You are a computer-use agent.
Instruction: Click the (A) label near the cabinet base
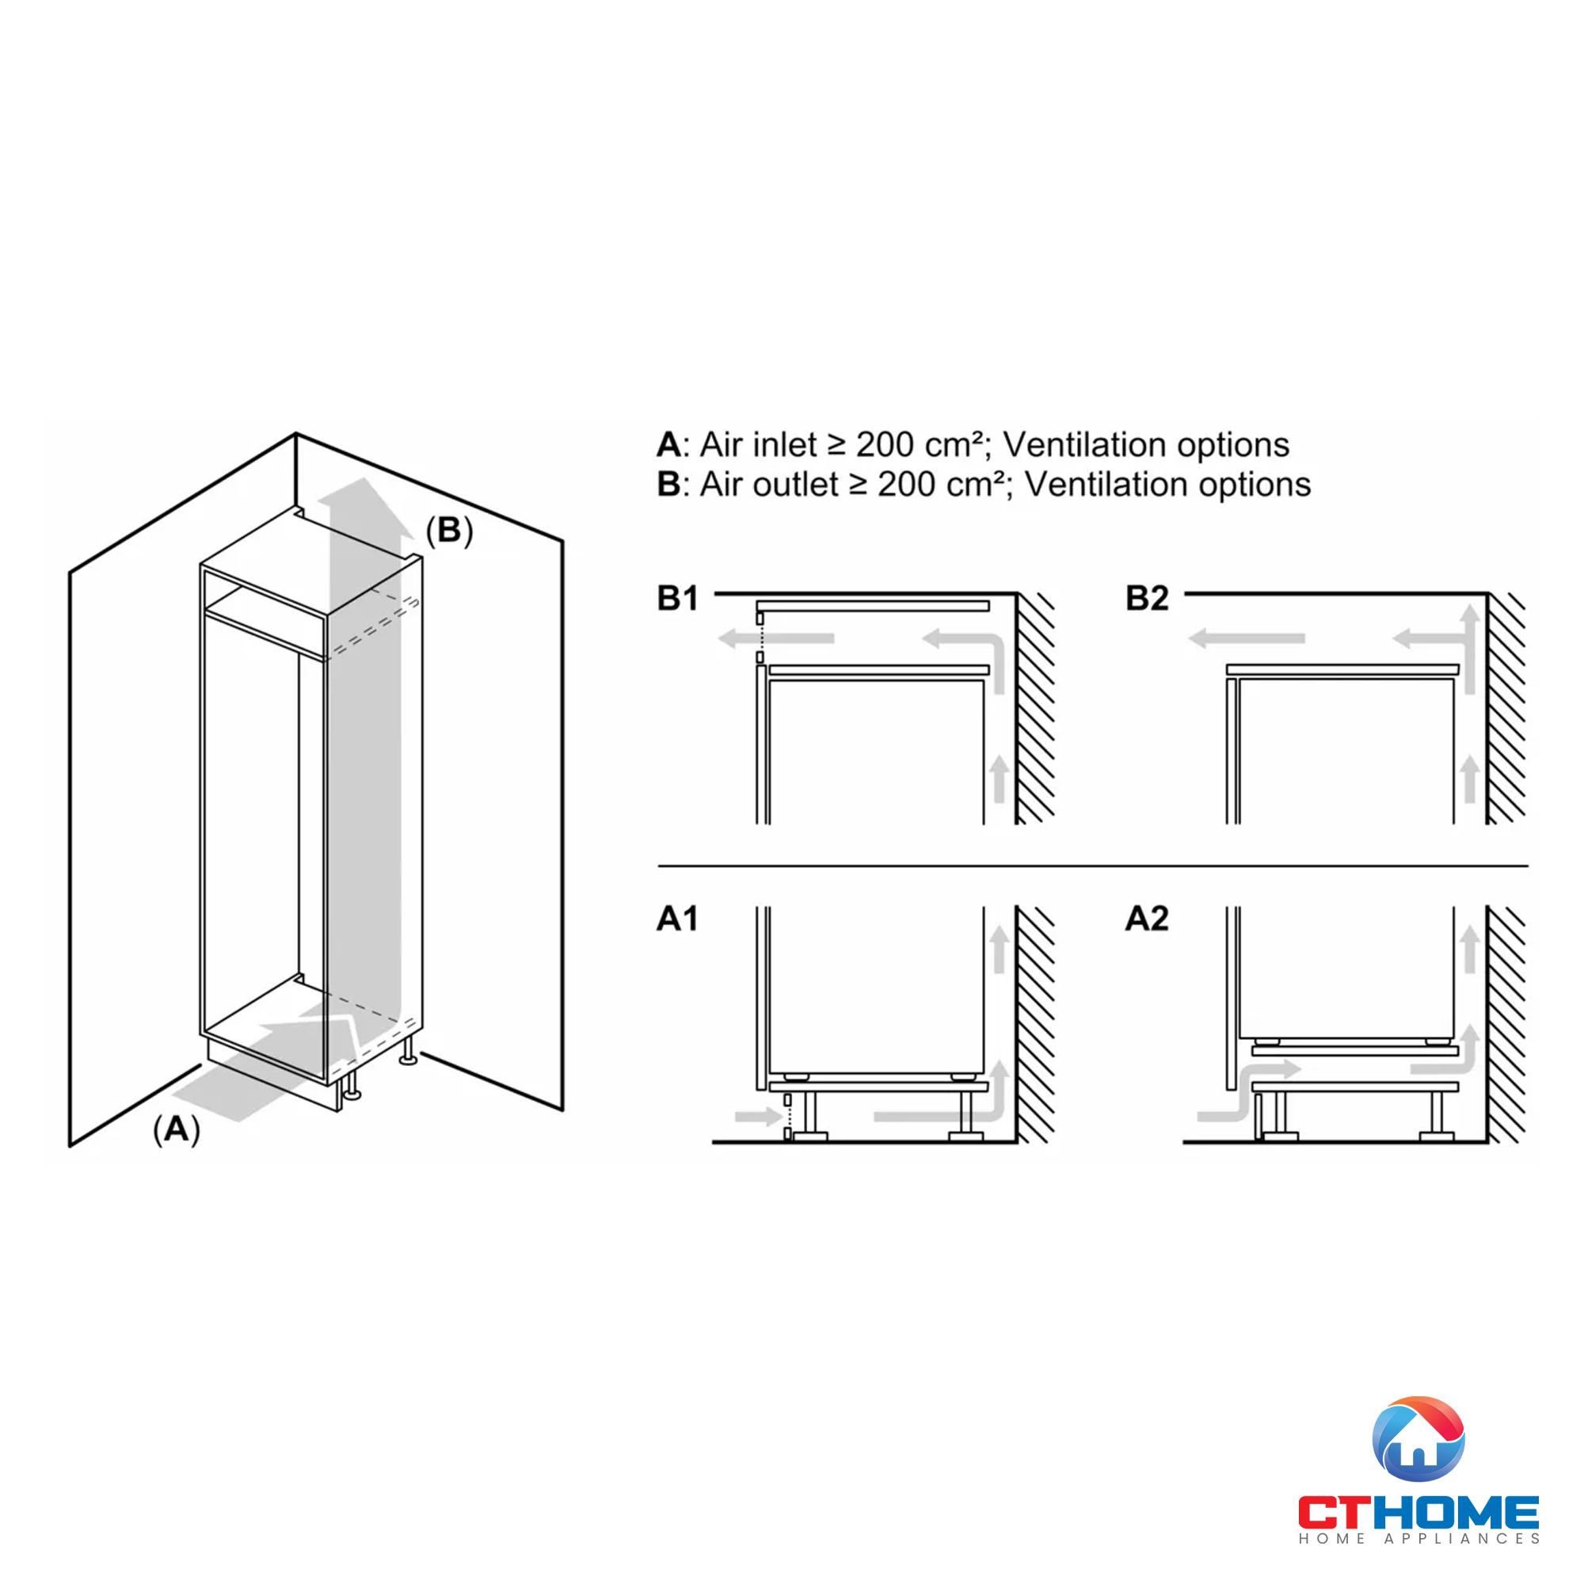(x=177, y=1130)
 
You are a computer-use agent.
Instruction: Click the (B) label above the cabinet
(x=449, y=531)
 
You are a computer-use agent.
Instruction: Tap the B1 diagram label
(x=677, y=599)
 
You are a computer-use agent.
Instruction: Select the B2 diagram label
(x=1146, y=599)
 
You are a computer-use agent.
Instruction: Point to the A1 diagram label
(x=677, y=918)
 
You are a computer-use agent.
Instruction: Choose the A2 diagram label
(x=1146, y=918)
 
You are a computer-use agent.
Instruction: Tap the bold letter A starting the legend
(x=669, y=444)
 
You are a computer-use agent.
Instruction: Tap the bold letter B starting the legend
(x=669, y=485)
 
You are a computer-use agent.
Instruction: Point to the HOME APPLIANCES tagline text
(x=1418, y=1539)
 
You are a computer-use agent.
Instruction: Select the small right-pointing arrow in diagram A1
(x=759, y=1116)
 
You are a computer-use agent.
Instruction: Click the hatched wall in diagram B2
(x=1506, y=708)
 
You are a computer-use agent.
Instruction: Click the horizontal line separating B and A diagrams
(x=1093, y=866)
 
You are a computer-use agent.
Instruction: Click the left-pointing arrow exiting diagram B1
(x=775, y=638)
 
